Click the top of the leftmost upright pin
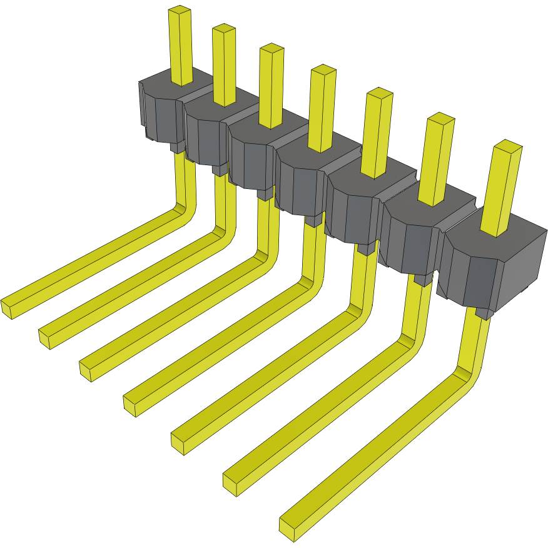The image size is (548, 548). pyautogui.click(x=180, y=11)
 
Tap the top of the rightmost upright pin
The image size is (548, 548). pyautogui.click(x=507, y=147)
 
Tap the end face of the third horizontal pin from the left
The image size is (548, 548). pyautogui.click(x=86, y=372)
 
